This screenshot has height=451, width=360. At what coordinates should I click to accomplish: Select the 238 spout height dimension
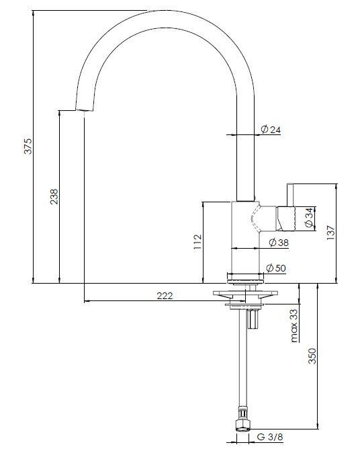click(54, 196)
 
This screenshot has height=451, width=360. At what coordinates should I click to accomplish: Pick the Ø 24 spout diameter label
click(269, 130)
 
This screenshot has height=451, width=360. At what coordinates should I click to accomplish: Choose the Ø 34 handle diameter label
click(308, 218)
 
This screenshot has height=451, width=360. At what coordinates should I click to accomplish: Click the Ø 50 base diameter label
click(277, 268)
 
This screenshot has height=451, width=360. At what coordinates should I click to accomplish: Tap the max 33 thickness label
click(294, 325)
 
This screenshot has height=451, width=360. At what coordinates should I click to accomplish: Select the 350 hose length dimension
click(312, 356)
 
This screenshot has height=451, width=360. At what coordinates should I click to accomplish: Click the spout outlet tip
click(81, 109)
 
